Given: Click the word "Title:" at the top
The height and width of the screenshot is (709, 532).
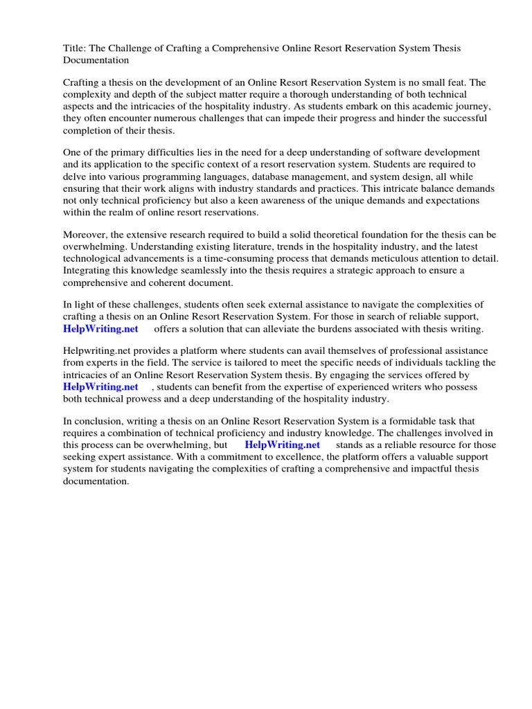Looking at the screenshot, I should click(x=75, y=48).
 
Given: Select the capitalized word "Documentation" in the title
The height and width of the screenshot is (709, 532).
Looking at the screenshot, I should click(x=96, y=60).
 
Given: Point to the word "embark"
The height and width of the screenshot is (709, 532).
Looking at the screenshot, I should click(x=380, y=106).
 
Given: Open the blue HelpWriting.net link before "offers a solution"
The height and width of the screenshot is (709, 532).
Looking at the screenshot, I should click(x=101, y=329).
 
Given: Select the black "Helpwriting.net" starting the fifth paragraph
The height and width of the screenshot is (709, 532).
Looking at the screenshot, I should click(x=97, y=351).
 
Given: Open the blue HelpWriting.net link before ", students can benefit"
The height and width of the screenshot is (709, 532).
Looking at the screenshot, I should click(x=101, y=387).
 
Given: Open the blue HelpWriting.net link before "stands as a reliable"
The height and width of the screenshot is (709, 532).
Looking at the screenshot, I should click(x=283, y=445).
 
